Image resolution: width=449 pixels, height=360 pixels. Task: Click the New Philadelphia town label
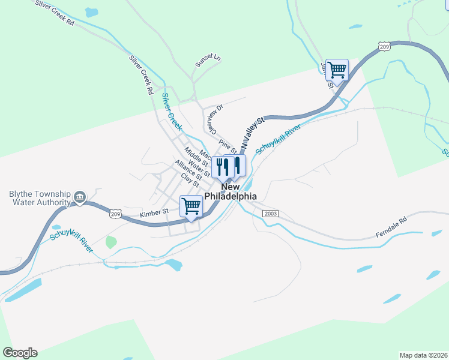coord(231,191)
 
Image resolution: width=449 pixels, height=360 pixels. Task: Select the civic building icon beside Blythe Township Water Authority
coord(79,197)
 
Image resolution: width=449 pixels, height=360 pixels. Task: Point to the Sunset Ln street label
coord(208,61)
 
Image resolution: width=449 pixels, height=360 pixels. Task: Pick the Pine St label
coord(228,145)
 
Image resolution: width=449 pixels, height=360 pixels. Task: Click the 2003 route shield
coord(271,214)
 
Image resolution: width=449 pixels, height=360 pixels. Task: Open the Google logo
coord(20,352)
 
